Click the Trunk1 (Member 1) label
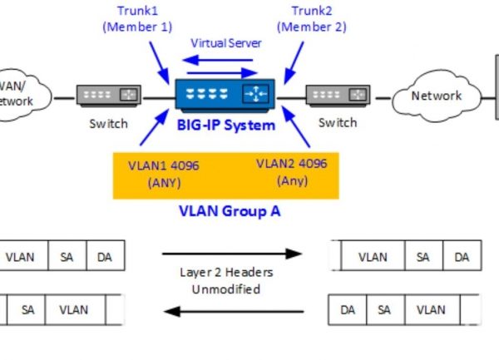(137, 18)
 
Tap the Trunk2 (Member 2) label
(311, 18)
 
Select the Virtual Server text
(225, 42)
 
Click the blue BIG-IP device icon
(225, 96)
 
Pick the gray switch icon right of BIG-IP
(337, 96)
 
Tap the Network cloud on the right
(436, 96)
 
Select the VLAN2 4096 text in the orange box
(292, 172)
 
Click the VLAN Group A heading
(230, 210)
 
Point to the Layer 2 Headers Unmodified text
(226, 280)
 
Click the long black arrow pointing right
(231, 253)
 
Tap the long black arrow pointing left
(231, 311)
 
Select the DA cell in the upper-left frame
(104, 257)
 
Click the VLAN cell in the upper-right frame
(374, 257)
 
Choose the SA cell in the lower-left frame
(28, 309)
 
